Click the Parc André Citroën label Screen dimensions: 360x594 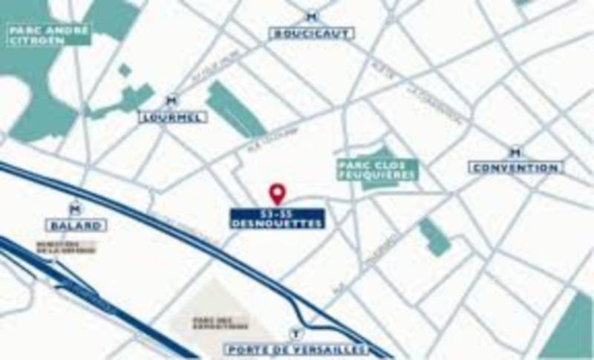[x=48, y=34]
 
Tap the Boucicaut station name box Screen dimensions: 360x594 [x=312, y=33]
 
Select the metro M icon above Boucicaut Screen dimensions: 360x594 [x=312, y=17]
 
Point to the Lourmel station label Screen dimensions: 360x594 [x=172, y=117]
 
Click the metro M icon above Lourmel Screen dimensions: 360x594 [x=172, y=100]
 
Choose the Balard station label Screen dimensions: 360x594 [x=75, y=225]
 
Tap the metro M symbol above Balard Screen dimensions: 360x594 [x=74, y=209]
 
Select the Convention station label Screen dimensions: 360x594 [x=515, y=168]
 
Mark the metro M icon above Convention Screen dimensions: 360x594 [x=515, y=152]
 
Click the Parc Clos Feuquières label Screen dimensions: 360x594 [x=376, y=170]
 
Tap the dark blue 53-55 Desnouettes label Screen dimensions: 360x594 [x=277, y=217]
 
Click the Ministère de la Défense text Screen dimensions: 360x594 [x=68, y=249]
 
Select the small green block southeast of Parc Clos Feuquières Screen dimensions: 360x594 [x=434, y=238]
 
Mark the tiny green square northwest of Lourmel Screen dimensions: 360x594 [x=125, y=71]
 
